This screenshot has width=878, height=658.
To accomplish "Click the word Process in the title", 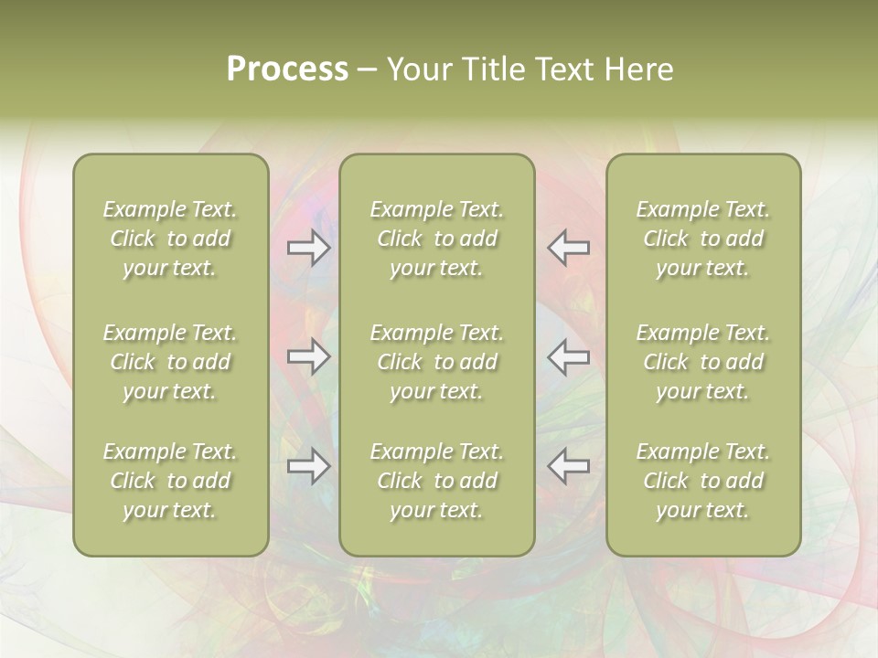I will point(287,69).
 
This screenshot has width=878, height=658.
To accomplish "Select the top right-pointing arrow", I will point(309,248).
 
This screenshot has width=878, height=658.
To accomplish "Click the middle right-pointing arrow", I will point(309,356).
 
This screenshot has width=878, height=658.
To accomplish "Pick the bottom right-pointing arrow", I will point(309,466).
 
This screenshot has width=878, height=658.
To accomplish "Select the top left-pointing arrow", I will point(568,248).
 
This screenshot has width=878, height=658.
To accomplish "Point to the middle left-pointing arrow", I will point(568,356).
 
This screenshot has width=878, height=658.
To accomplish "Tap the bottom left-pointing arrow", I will point(568,466).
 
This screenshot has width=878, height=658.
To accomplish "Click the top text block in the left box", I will point(170,239).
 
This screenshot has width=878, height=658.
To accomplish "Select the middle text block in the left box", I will point(170,362).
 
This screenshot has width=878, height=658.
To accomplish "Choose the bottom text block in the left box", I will point(170,481).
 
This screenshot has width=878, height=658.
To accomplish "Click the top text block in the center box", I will point(437,239).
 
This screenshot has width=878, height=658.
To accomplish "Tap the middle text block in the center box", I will point(437,362).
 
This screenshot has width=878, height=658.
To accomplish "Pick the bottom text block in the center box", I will point(437,481).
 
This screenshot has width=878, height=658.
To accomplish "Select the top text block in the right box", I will point(703,239).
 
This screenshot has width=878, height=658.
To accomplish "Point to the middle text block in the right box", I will point(703,362).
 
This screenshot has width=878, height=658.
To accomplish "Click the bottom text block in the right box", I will point(703,481).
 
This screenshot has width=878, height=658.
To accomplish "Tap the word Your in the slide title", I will point(419,69).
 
